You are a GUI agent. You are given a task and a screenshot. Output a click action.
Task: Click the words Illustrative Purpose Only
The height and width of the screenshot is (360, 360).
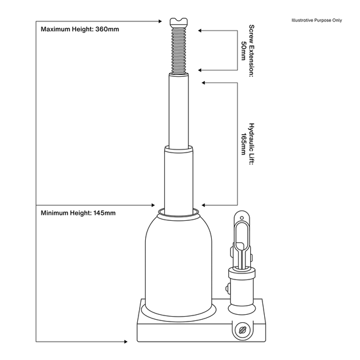(318, 20)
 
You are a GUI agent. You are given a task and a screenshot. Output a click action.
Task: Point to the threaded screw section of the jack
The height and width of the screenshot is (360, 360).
(179, 49)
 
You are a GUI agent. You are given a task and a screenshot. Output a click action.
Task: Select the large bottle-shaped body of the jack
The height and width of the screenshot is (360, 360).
(178, 262)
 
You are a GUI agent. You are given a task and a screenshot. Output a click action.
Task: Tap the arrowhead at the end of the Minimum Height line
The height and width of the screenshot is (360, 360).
(153, 204)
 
